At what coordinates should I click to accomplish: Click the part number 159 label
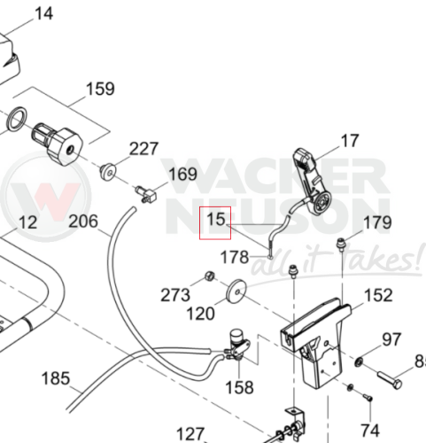(x=100, y=89)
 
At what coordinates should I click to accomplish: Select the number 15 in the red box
(x=216, y=220)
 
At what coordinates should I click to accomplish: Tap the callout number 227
(x=144, y=149)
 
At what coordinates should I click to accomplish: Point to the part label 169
(x=182, y=174)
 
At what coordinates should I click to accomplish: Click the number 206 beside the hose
(x=83, y=221)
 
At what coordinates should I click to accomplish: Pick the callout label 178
(x=235, y=257)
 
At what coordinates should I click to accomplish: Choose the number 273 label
(x=175, y=295)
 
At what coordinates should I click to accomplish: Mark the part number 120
(x=201, y=314)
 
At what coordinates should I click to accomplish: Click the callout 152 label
(x=378, y=295)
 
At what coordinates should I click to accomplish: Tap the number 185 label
(x=56, y=378)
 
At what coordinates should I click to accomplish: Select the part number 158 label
(x=239, y=387)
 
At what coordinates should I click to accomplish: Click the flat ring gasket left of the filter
(x=17, y=119)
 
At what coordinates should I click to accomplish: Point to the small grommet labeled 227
(x=108, y=171)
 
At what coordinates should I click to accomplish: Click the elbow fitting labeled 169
(x=146, y=195)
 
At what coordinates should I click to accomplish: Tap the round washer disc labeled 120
(x=236, y=291)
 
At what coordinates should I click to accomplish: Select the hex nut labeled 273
(x=210, y=276)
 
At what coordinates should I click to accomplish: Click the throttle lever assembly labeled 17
(x=312, y=180)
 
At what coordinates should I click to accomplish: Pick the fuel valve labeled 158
(x=238, y=345)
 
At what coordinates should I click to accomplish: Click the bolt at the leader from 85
(x=390, y=380)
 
